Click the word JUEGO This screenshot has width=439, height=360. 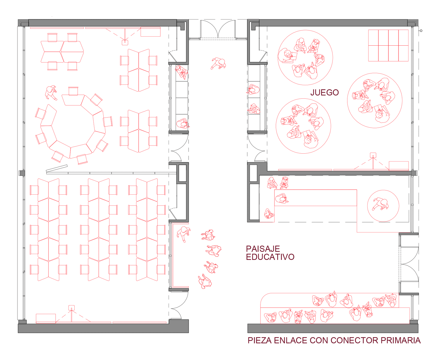[x=324, y=92]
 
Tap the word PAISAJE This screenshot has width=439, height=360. [x=263, y=249]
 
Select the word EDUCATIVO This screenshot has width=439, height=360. [x=270, y=257]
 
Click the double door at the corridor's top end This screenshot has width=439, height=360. [x=218, y=29]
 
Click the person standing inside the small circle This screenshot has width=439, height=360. [x=381, y=204]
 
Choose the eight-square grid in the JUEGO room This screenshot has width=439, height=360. [x=388, y=45]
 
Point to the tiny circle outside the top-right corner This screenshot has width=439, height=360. [x=421, y=31]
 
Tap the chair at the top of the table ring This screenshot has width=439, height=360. [x=73, y=91]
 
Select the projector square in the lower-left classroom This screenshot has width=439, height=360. [x=71, y=308]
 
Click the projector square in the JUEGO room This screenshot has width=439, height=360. [x=373, y=155]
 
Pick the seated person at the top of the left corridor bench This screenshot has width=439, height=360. [x=181, y=72]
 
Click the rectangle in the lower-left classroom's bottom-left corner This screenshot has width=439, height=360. [x=46, y=318]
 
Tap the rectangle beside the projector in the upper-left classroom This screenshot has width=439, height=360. [x=150, y=32]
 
